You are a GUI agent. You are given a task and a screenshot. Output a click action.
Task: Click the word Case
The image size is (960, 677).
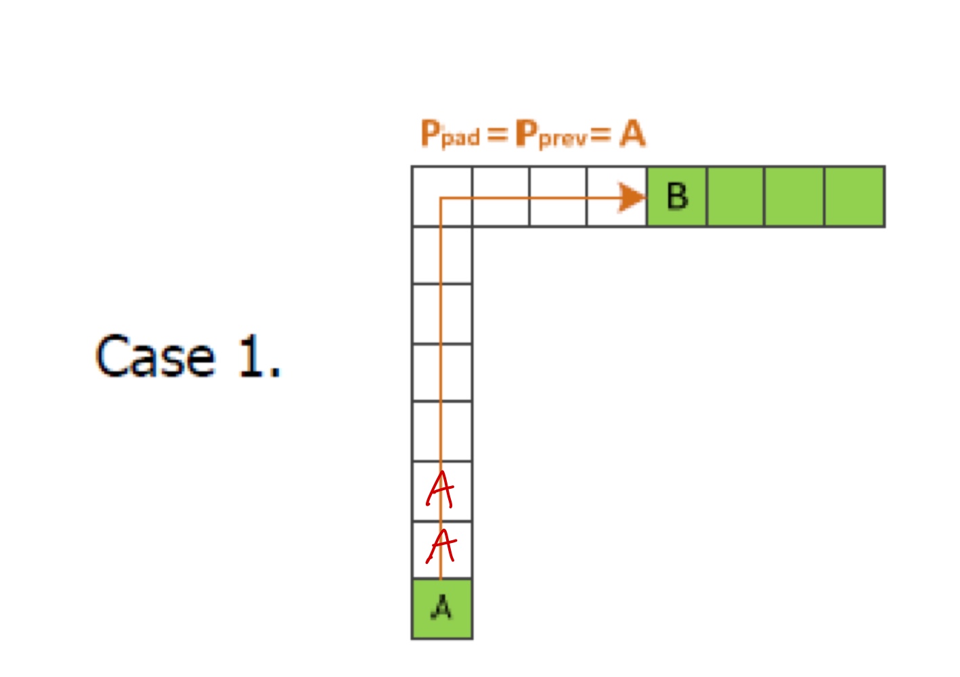[155, 356]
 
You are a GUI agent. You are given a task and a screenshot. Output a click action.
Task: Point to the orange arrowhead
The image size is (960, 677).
[632, 198]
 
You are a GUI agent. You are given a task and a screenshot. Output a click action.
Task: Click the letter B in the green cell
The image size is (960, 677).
[677, 197]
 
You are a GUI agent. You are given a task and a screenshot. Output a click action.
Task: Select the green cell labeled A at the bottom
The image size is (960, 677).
[442, 609]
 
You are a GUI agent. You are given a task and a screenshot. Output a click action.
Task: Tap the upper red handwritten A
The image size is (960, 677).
[441, 489]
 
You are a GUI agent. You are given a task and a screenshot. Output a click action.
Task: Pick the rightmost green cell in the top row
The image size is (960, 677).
[854, 196]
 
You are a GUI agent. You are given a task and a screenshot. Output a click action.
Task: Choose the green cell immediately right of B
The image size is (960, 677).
[735, 196]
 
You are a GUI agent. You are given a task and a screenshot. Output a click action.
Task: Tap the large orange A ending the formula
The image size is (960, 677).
[632, 133]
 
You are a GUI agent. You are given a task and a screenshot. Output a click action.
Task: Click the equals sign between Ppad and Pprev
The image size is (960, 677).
[497, 134]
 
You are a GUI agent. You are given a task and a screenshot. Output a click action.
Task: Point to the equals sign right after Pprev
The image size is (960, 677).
[600, 134]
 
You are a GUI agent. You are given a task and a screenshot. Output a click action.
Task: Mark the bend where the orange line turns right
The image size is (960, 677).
[441, 198]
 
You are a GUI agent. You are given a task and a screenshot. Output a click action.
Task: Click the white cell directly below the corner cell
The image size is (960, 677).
[442, 255]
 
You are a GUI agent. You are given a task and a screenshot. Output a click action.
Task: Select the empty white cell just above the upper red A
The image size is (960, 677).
[442, 431]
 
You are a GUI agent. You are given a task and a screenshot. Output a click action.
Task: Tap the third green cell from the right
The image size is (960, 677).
[735, 196]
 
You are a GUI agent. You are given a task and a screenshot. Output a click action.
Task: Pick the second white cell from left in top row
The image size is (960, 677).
[500, 196]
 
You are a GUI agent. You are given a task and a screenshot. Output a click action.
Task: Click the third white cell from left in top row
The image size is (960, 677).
[558, 196]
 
